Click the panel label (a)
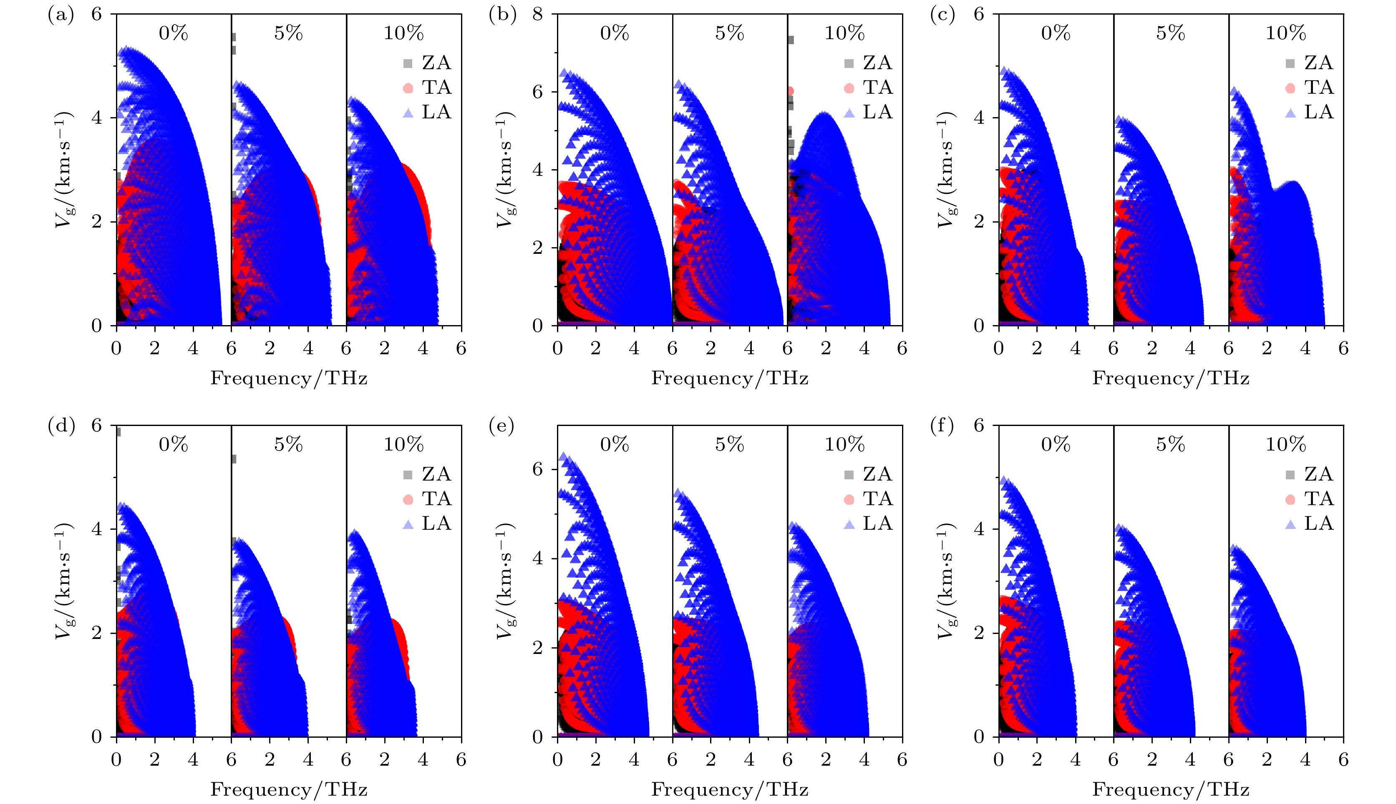click(x=61, y=15)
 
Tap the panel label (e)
click(x=502, y=426)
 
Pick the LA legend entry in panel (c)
click(x=1309, y=112)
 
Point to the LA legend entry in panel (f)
click(x=1309, y=523)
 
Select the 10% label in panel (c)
click(x=1285, y=33)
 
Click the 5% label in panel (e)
click(x=730, y=445)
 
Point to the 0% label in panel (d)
click(x=173, y=445)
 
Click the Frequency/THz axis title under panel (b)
click(x=730, y=378)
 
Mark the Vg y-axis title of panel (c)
click(x=947, y=170)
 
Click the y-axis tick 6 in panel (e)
click(x=538, y=469)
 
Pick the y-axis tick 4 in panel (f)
click(x=979, y=529)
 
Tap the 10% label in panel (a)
click(x=403, y=33)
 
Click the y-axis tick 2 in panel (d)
click(x=97, y=633)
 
